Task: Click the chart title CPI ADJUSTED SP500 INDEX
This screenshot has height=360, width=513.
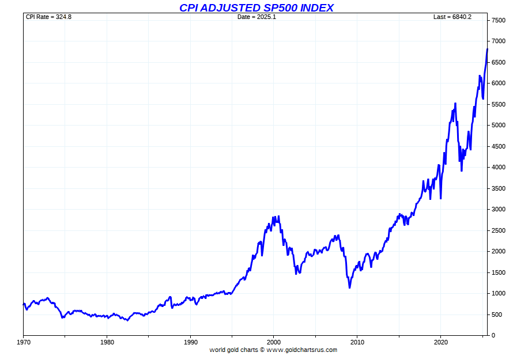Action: pyautogui.click(x=256, y=7)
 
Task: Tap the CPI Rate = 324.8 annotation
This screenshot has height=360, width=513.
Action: pyautogui.click(x=48, y=17)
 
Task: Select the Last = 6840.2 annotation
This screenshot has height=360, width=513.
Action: pyautogui.click(x=452, y=17)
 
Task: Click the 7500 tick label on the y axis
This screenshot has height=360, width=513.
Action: pyautogui.click(x=499, y=21)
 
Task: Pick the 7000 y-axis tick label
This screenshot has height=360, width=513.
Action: pyautogui.click(x=499, y=41)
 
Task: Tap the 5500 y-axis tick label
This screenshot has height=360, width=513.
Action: pyautogui.click(x=499, y=104)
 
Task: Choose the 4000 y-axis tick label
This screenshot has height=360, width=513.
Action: pyautogui.click(x=499, y=168)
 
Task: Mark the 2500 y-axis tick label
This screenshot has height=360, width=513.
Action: pyautogui.click(x=499, y=230)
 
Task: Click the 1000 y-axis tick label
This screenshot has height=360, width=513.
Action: pyautogui.click(x=499, y=293)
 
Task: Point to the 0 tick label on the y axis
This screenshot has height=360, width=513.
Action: pyautogui.click(x=493, y=335)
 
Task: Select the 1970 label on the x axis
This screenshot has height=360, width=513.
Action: pyautogui.click(x=23, y=342)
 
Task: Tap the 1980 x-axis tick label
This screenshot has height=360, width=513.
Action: pyautogui.click(x=107, y=342)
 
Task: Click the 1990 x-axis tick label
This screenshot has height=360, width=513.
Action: pyautogui.click(x=190, y=342)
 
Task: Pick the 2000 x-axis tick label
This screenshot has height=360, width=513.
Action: pyautogui.click(x=274, y=342)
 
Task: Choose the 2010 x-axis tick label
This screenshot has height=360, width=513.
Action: pyautogui.click(x=357, y=342)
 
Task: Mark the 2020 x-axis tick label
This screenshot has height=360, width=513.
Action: pyautogui.click(x=441, y=342)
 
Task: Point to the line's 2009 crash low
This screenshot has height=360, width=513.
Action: pyautogui.click(x=349, y=287)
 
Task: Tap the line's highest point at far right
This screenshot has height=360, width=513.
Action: pyautogui.click(x=488, y=49)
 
